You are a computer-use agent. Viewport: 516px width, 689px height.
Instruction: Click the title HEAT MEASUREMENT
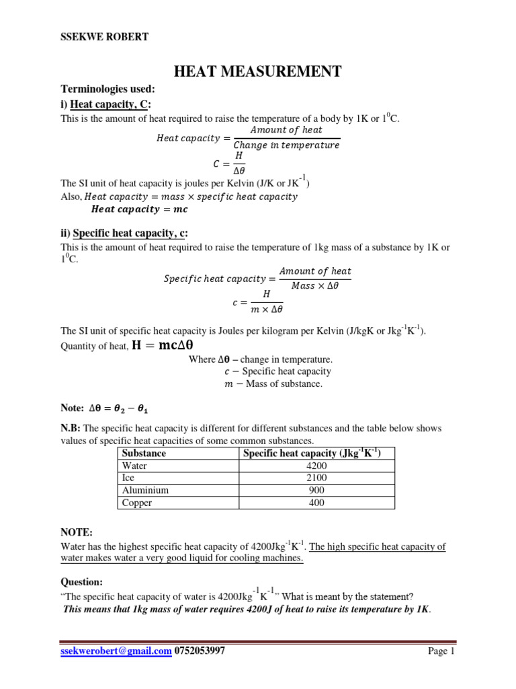pyautogui.click(x=258, y=71)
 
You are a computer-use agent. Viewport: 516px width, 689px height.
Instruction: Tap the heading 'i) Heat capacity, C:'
pyautogui.click(x=106, y=104)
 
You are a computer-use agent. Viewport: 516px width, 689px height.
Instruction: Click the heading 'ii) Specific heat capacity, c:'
pyautogui.click(x=124, y=233)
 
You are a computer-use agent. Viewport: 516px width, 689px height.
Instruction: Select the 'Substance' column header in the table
pyautogui.click(x=144, y=454)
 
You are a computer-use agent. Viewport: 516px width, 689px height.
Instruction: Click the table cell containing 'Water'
pyautogui.click(x=135, y=466)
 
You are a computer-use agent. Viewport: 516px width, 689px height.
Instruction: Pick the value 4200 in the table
pyautogui.click(x=316, y=466)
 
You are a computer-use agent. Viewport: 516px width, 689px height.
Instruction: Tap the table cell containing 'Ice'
pyautogui.click(x=128, y=478)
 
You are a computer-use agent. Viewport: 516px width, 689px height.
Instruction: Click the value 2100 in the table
pyautogui.click(x=316, y=478)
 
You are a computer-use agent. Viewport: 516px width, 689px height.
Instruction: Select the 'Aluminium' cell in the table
pyautogui.click(x=144, y=491)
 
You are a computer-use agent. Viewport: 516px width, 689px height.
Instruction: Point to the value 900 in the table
pyautogui.click(x=316, y=491)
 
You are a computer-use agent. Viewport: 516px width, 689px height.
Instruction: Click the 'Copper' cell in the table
pyautogui.click(x=137, y=503)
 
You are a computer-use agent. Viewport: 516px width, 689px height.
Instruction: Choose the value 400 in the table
pyautogui.click(x=316, y=503)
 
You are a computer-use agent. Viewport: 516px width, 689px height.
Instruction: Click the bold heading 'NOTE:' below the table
pyautogui.click(x=75, y=532)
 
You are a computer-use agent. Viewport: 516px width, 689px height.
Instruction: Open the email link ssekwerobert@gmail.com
pyautogui.click(x=116, y=651)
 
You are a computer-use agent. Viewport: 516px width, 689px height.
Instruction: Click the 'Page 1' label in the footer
pyautogui.click(x=441, y=651)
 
